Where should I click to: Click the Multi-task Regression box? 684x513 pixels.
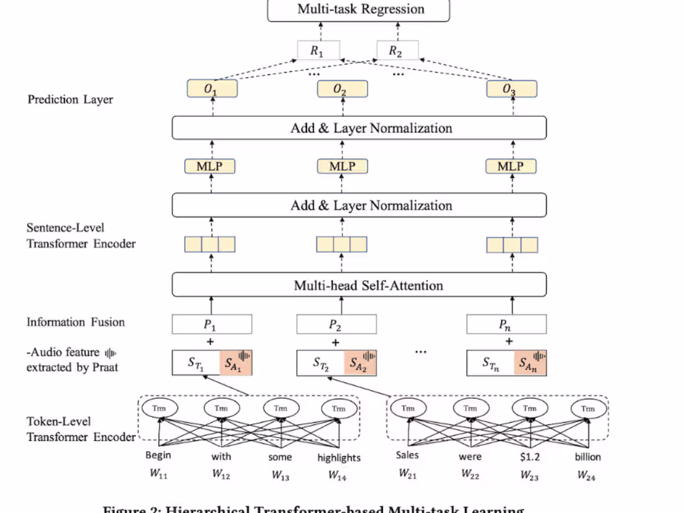coord(358,10)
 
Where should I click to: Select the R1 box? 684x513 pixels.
coord(318,51)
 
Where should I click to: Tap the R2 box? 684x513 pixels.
coord(397,51)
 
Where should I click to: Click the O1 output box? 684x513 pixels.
coord(212,89)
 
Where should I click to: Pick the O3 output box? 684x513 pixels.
coord(511,89)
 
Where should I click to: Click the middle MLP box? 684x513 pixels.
coord(342,166)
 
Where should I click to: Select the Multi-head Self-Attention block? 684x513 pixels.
coord(358,285)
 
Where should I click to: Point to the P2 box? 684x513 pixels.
coord(336,324)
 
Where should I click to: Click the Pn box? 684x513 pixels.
coord(506,324)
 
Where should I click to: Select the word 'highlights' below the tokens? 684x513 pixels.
coord(339,458)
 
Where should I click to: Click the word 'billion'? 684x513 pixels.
coord(588,456)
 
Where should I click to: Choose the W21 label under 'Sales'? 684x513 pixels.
coord(407,475)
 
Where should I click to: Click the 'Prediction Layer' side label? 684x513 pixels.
coord(70,99)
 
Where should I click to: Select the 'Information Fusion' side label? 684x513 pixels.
coord(75,322)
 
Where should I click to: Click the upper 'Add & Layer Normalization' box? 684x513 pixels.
coord(358,129)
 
